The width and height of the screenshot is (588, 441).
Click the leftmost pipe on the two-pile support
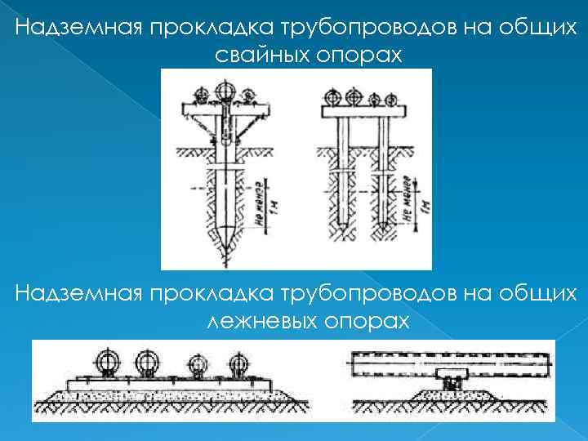click(331, 96)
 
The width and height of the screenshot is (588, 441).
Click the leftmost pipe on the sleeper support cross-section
click(106, 361)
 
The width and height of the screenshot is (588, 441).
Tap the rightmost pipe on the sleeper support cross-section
click(238, 364)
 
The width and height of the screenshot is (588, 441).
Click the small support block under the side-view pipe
click(451, 381)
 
